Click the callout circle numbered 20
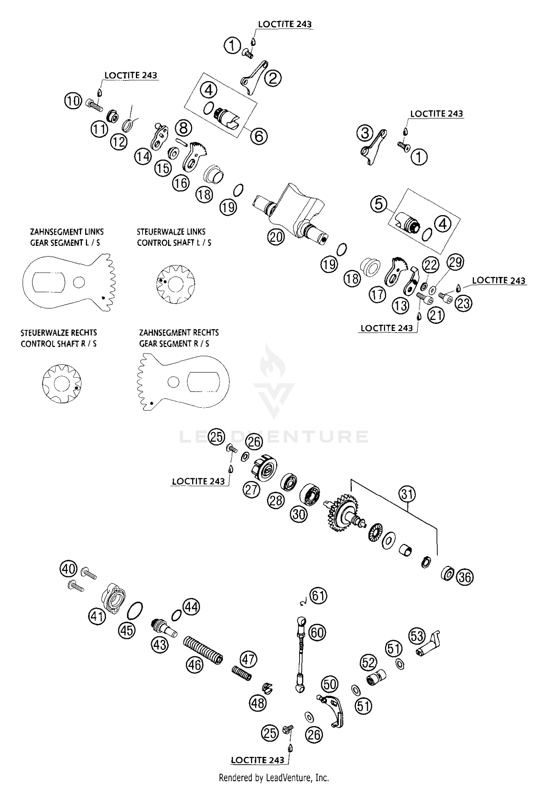click(276, 237)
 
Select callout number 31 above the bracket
click(407, 495)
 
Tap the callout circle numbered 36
click(465, 577)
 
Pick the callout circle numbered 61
click(318, 596)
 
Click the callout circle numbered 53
click(417, 636)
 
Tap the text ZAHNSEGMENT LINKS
click(67, 232)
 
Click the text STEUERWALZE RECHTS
click(59, 333)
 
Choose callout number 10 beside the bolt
click(73, 100)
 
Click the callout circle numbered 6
click(259, 136)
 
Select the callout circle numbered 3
click(365, 133)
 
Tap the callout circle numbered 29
click(455, 262)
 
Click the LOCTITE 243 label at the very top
click(285, 24)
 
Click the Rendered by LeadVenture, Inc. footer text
click(274, 777)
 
